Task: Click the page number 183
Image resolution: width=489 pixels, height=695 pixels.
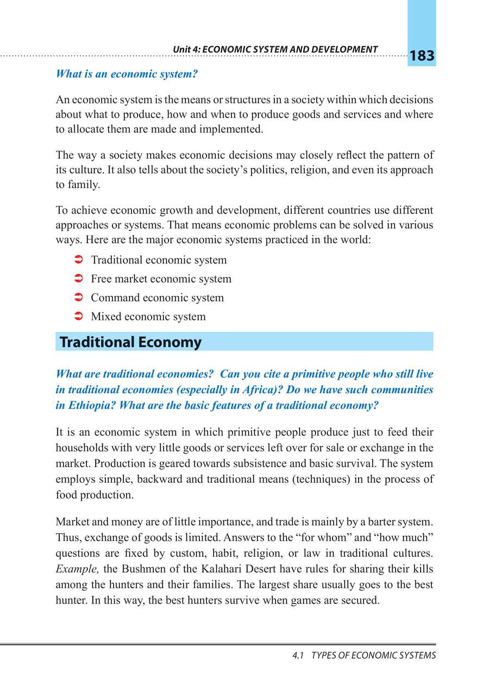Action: [421, 56]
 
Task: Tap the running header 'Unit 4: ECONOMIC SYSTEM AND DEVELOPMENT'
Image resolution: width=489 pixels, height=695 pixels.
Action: [275, 49]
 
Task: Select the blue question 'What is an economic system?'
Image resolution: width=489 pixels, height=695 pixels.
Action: [126, 74]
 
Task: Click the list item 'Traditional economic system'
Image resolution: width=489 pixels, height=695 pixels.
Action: [159, 260]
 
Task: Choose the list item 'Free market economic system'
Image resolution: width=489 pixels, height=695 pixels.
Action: [161, 279]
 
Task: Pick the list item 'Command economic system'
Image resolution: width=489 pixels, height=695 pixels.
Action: [157, 298]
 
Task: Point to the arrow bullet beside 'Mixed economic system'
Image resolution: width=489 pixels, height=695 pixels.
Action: [77, 317]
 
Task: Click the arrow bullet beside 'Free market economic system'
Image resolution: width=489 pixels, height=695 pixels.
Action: [77, 279]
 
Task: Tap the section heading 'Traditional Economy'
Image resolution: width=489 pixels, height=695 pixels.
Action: [130, 342]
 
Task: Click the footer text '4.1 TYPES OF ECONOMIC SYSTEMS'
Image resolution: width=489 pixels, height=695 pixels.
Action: [363, 656]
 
